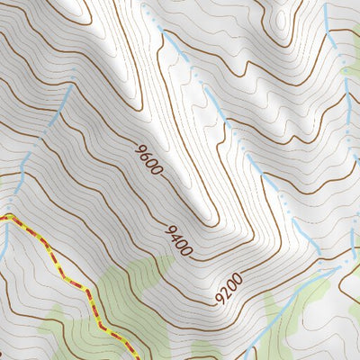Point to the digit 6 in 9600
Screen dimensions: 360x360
145,154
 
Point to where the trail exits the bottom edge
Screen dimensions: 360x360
115,358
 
